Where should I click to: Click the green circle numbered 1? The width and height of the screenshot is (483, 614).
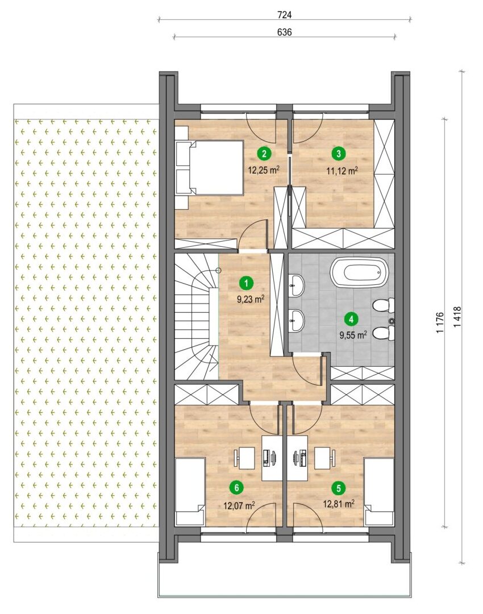[x=246, y=283]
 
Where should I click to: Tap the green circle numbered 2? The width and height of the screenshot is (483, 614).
[x=264, y=153]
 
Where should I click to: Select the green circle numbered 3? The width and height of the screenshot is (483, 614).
[x=339, y=153]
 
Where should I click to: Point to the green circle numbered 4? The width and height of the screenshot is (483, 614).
[x=351, y=319]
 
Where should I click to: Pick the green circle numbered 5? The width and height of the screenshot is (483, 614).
[x=339, y=488]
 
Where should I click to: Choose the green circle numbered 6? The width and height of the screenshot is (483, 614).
[x=236, y=488]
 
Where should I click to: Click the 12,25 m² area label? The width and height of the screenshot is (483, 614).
[x=264, y=169]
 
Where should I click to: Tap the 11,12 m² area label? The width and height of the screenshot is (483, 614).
[x=343, y=171]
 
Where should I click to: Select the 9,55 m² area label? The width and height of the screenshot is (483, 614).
[x=353, y=335]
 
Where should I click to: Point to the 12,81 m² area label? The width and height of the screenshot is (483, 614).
[x=339, y=503]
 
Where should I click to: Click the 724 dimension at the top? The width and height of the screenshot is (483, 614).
[x=285, y=15]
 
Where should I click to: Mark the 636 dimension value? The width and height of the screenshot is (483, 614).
[x=285, y=32]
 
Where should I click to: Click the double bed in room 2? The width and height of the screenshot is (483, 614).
[x=210, y=167]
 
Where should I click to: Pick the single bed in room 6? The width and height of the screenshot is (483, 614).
[x=190, y=491]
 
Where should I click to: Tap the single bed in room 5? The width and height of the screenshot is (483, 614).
[x=379, y=491]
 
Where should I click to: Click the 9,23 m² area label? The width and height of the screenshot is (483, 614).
[x=251, y=300]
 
